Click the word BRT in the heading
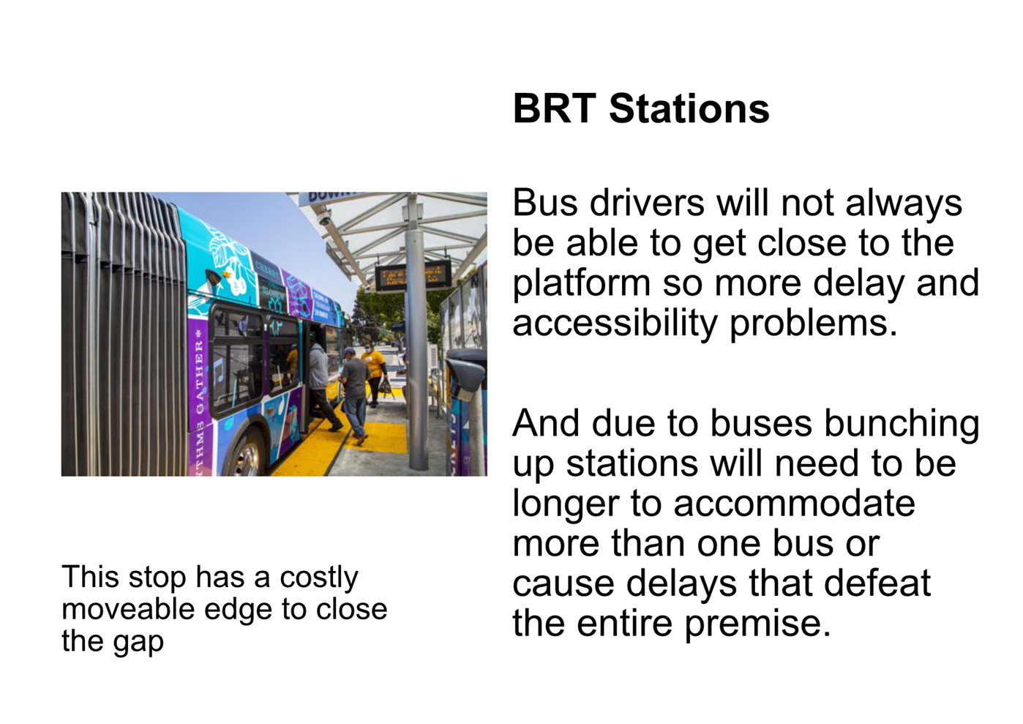pyautogui.click(x=555, y=109)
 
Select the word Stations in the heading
pyautogui.click(x=689, y=109)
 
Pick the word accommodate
pyautogui.click(x=794, y=504)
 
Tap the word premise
pyautogui.click(x=757, y=625)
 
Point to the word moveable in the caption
pyautogui.click(x=128, y=609)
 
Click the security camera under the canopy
pyautogui.click(x=323, y=217)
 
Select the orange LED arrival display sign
pyautogui.click(x=413, y=275)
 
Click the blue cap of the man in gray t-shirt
pyautogui.click(x=348, y=351)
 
